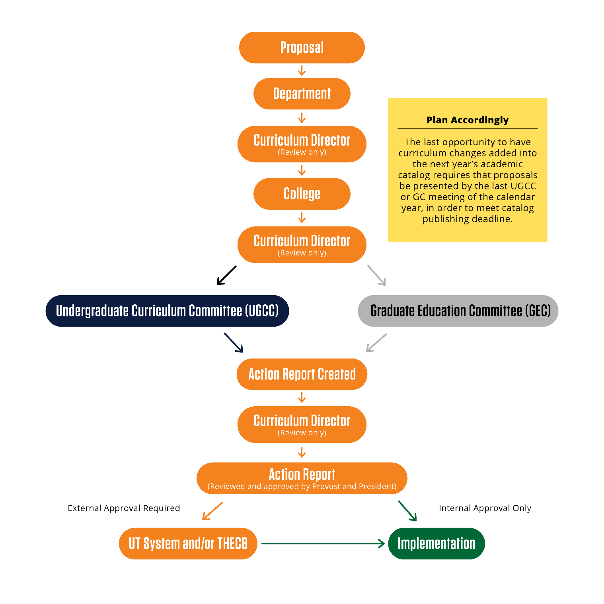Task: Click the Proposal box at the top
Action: pos(302,47)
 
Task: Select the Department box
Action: pos(302,94)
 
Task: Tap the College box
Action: pos(302,194)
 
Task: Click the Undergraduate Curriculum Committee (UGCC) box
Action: pos(167,311)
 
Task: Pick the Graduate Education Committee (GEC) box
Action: pos(458,311)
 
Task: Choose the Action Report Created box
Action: pos(302,374)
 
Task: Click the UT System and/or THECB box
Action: pos(188,543)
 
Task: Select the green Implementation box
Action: pos(436,543)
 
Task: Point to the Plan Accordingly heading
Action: pos(468,120)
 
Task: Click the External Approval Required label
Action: pos(124,508)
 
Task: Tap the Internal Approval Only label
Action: pos(485,508)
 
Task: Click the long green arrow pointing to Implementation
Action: pos(322,543)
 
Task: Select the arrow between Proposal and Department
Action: pos(302,71)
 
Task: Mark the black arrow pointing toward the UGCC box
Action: pos(226,275)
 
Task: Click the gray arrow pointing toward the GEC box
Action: pos(376,275)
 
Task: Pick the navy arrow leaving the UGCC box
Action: pos(234,343)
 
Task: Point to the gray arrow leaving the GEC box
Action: pos(376,343)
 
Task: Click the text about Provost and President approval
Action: pos(302,486)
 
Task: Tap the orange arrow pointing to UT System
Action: pos(212,511)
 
